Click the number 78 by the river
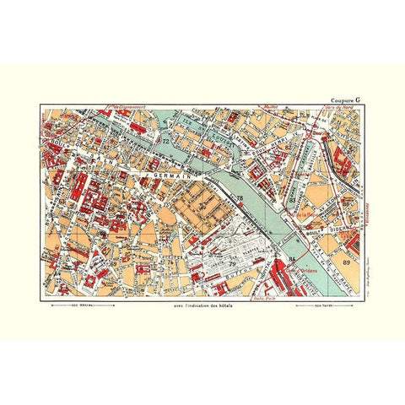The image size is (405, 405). (239, 199)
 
